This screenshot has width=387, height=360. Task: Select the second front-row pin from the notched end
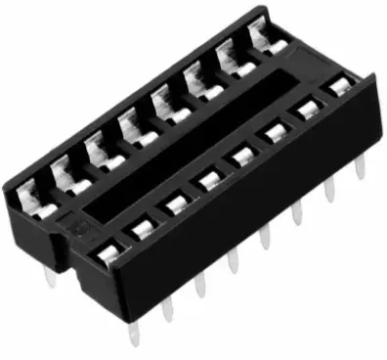167,308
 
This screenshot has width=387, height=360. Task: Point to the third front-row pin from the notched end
200,285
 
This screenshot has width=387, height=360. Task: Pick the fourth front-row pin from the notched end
233,261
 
